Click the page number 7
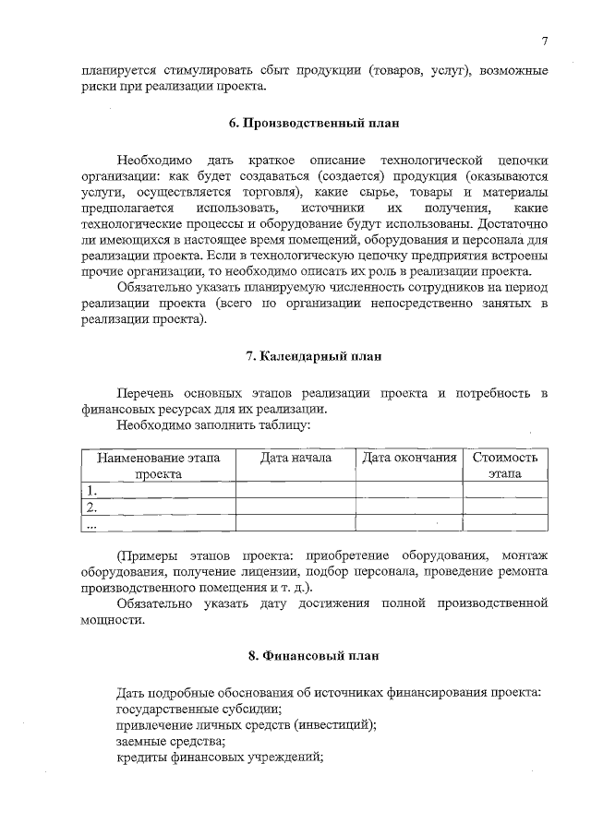click(545, 41)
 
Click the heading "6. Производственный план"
click(314, 122)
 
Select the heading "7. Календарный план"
click(314, 355)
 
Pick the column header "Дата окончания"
click(409, 458)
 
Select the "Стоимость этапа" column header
click(505, 465)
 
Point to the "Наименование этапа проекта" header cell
click(159, 465)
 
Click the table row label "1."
click(91, 490)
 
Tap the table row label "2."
click(91, 507)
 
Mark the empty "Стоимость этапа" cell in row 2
click(505, 507)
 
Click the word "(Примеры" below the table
click(151, 554)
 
